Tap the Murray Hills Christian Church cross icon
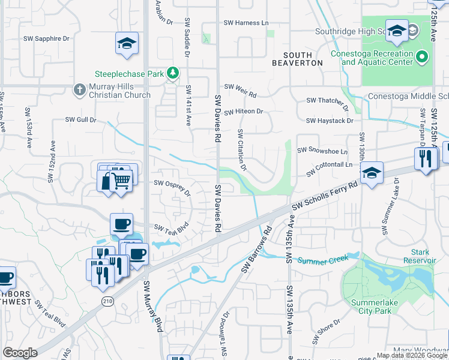79,90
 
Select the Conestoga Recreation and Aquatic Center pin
422,58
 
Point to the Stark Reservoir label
419,256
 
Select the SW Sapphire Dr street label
47,38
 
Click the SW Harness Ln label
246,23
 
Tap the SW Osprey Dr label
173,187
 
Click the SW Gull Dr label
81,120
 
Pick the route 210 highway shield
108,301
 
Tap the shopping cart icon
122,179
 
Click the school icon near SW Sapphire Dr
127,43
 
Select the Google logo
20,353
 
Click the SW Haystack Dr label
330,121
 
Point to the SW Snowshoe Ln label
322,151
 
